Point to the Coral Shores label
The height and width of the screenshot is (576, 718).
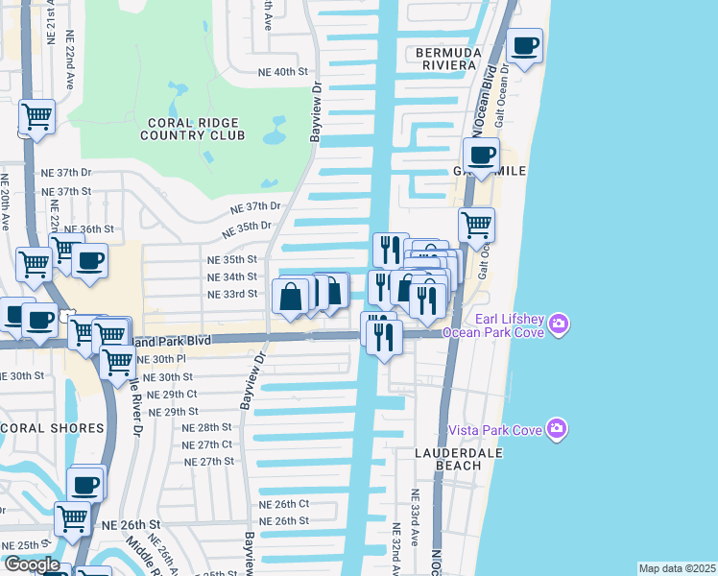tap(53, 427)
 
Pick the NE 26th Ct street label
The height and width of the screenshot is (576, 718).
tap(283, 504)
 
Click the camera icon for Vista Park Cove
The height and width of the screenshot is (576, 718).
tap(556, 427)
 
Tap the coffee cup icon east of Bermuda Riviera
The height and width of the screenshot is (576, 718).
tap(524, 47)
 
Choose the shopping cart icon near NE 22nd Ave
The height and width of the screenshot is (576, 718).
tap(36, 117)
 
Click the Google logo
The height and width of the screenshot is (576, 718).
tap(31, 565)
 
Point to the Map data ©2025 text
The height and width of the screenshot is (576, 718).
tap(677, 568)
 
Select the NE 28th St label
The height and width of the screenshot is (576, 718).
tap(207, 427)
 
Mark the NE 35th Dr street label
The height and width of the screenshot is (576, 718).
tap(242, 230)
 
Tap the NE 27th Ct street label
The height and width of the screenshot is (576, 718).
tap(207, 444)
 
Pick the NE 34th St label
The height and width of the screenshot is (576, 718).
tap(231, 276)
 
